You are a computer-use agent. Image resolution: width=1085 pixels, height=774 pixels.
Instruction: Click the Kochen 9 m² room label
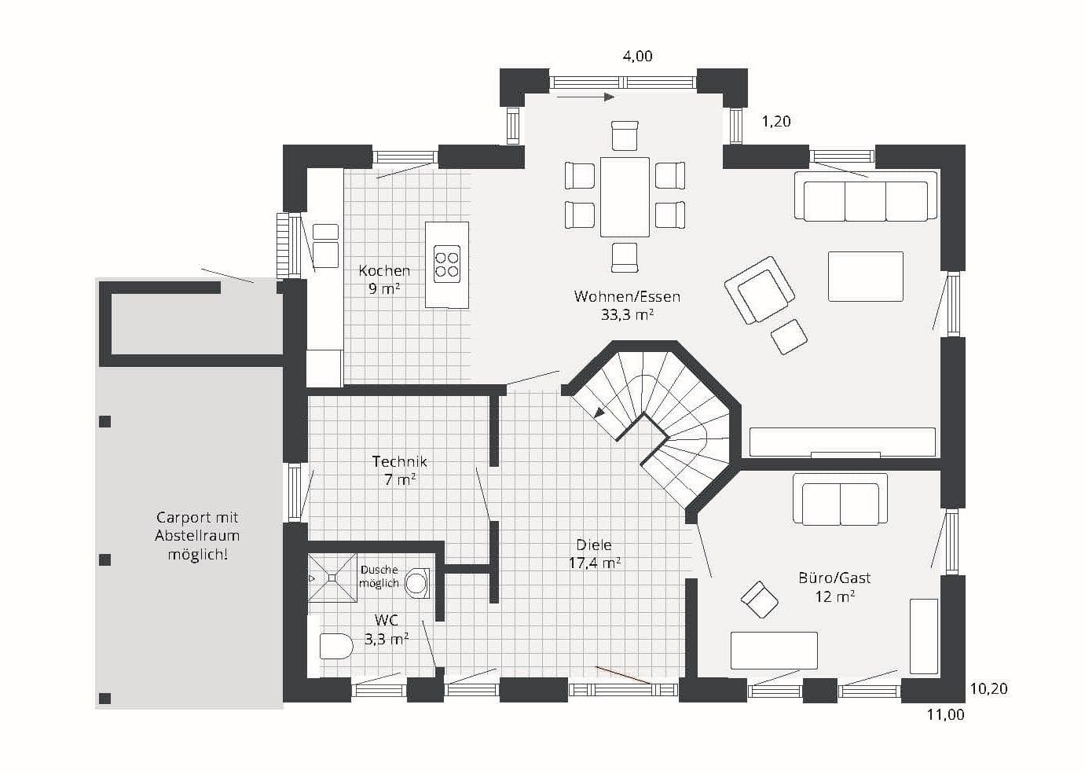pos(384,280)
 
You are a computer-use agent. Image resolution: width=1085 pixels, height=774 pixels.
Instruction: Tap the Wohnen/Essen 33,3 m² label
pos(627,305)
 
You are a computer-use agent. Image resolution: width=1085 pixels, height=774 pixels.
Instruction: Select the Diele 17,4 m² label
pos(594,554)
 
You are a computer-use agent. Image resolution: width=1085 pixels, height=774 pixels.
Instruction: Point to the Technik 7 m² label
pos(400,471)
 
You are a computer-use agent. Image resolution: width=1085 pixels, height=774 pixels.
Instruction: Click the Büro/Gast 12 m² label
pos(834,587)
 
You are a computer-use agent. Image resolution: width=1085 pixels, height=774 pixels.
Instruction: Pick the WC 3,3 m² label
pos(387,629)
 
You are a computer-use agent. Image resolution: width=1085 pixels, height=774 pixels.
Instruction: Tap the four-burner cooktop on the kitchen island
pos(446,264)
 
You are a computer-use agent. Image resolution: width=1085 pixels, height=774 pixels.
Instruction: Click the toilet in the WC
pos(335,646)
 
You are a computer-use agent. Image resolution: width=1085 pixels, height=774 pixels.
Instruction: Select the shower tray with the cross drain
pos(332,578)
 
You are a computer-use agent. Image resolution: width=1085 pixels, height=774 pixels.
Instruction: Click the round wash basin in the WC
pos(416,583)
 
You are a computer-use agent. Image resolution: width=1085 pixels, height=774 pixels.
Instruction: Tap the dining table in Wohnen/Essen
pos(625,196)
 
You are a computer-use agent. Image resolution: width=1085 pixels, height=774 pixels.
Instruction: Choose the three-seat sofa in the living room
pos(866,196)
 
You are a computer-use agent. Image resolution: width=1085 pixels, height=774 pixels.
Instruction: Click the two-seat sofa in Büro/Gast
pos(840,499)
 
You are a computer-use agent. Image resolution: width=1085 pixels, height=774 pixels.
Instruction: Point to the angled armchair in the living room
pos(760,290)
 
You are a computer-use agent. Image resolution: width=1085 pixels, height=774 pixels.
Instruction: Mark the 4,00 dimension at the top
pos(637,57)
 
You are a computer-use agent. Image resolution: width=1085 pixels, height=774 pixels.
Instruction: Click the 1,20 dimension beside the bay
pos(776,121)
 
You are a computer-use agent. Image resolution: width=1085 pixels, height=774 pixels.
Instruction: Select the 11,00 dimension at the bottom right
pos(945,714)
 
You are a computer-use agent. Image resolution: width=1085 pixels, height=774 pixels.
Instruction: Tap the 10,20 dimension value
pos(988,688)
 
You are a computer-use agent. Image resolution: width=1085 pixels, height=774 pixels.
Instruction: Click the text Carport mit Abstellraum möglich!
pos(197,536)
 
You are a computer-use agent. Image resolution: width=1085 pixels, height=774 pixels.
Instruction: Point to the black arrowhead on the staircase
pos(599,413)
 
